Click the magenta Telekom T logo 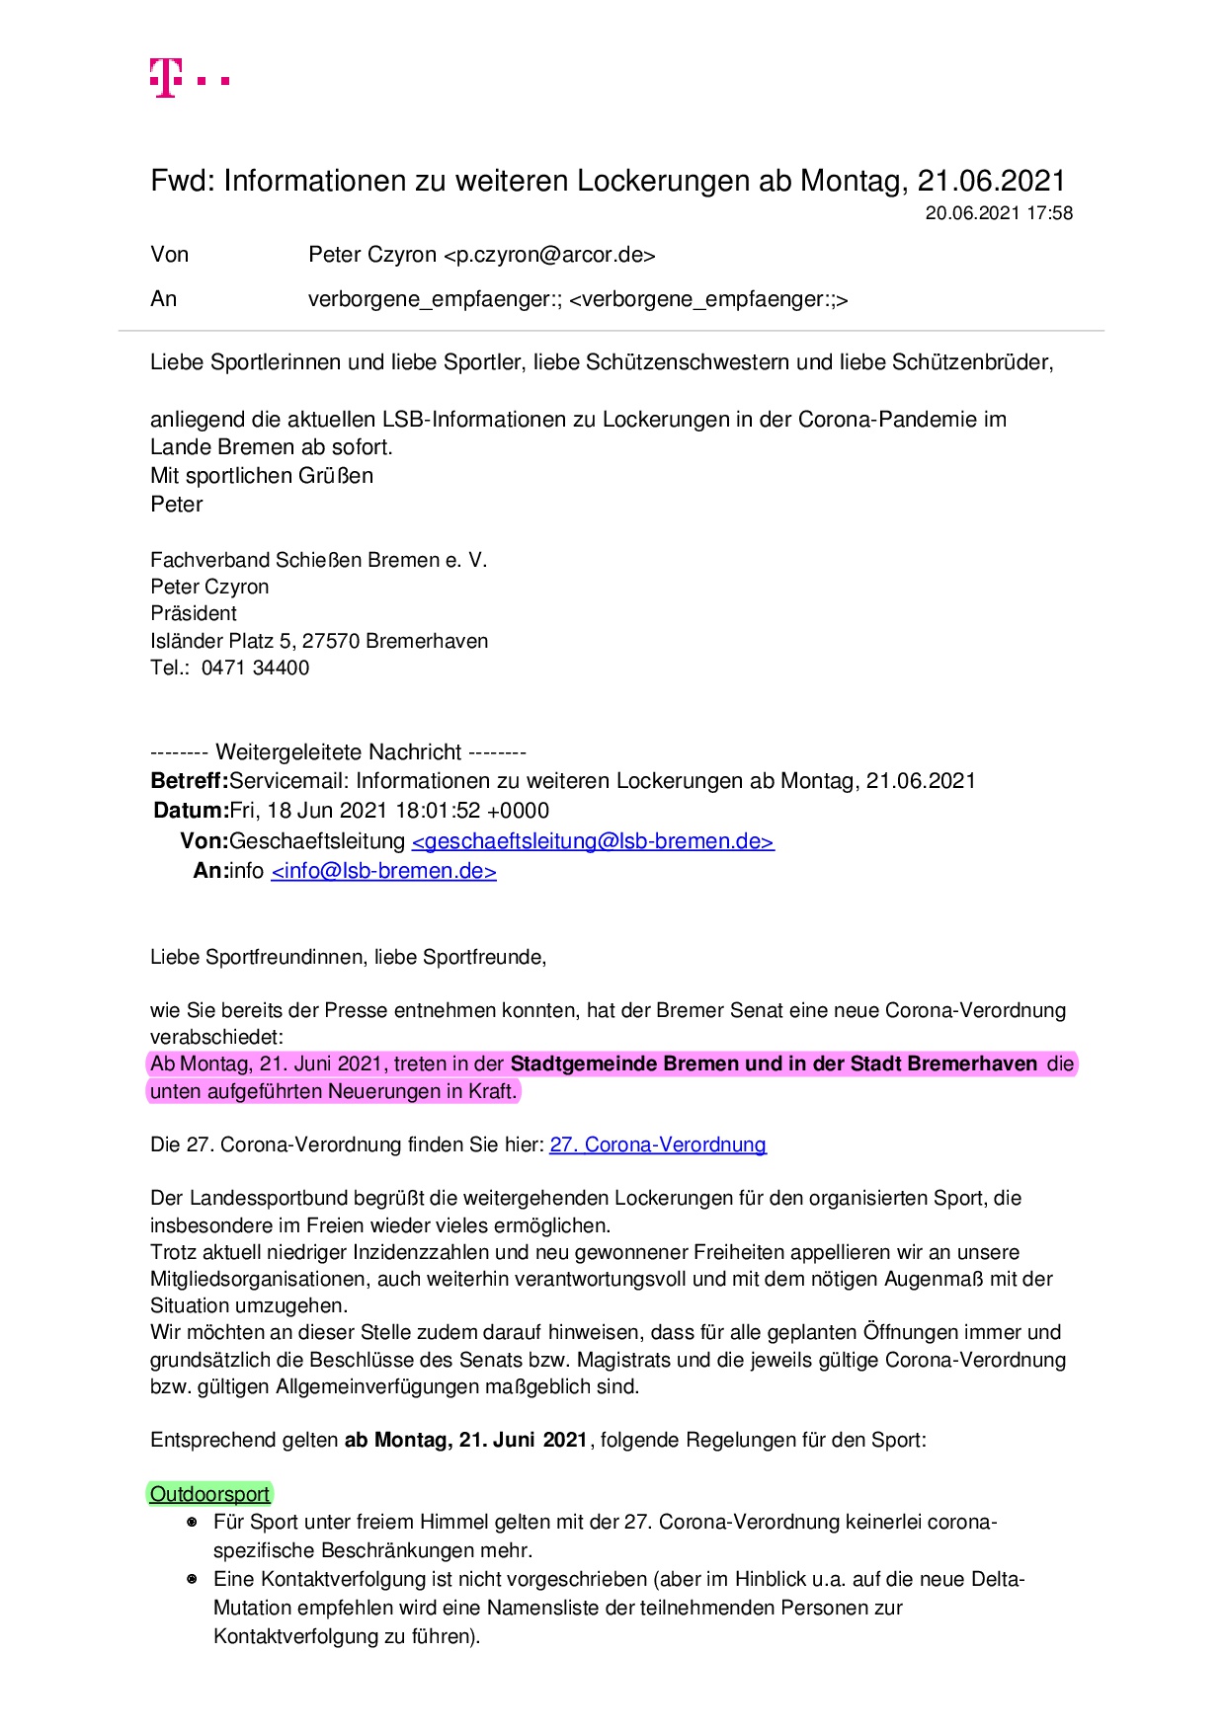[x=167, y=77]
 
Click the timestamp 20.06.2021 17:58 [x=998, y=213]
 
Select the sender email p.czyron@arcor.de [x=549, y=255]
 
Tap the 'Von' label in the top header [x=169, y=255]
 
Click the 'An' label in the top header [x=163, y=299]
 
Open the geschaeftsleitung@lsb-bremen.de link [x=593, y=841]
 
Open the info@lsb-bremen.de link [x=383, y=871]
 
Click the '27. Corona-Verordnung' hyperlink [x=658, y=1144]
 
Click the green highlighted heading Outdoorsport [x=209, y=1494]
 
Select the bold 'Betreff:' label [x=190, y=781]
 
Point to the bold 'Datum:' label [x=191, y=811]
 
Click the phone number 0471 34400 [x=255, y=668]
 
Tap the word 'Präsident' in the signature [x=194, y=613]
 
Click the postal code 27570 [x=331, y=641]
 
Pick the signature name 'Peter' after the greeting [x=176, y=505]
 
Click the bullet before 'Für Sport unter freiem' [x=193, y=1523]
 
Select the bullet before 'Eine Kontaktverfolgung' [x=193, y=1579]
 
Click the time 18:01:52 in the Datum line [x=440, y=811]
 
